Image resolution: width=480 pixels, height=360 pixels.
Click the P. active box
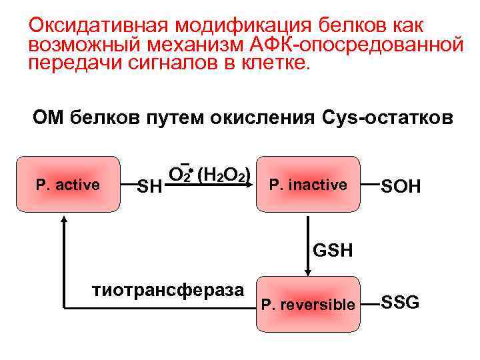[68, 184]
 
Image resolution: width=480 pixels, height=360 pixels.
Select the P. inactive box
[307, 184]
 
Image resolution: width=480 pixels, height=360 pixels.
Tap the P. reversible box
[307, 304]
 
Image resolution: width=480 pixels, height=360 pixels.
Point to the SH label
[149, 187]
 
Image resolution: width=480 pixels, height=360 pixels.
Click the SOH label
[400, 186]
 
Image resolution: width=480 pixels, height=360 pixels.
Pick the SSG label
[400, 303]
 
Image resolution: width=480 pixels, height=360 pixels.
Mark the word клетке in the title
[277, 63]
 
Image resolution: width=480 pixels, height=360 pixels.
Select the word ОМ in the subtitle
[48, 118]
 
